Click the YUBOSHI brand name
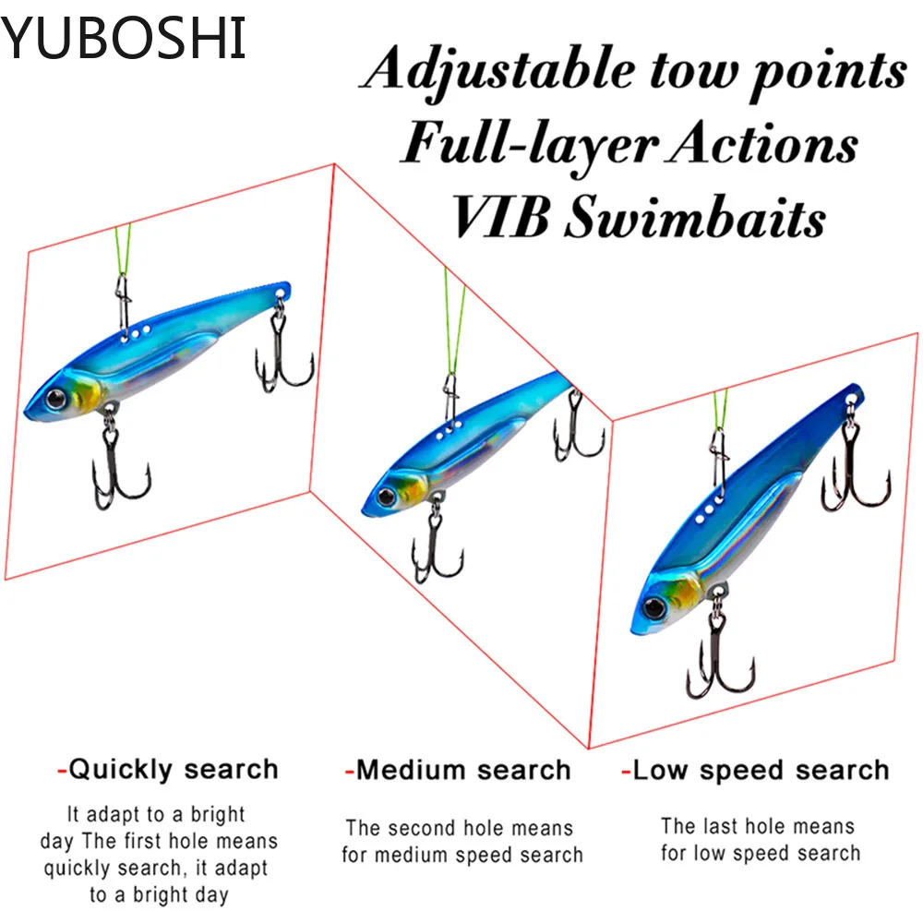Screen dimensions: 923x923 (124, 38)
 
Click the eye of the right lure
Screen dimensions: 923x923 (654, 607)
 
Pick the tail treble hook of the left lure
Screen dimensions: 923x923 (282, 360)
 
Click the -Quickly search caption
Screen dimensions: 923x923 (167, 769)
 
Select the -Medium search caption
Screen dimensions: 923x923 (458, 770)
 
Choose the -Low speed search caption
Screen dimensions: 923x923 (754, 770)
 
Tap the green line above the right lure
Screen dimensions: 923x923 (720, 414)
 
